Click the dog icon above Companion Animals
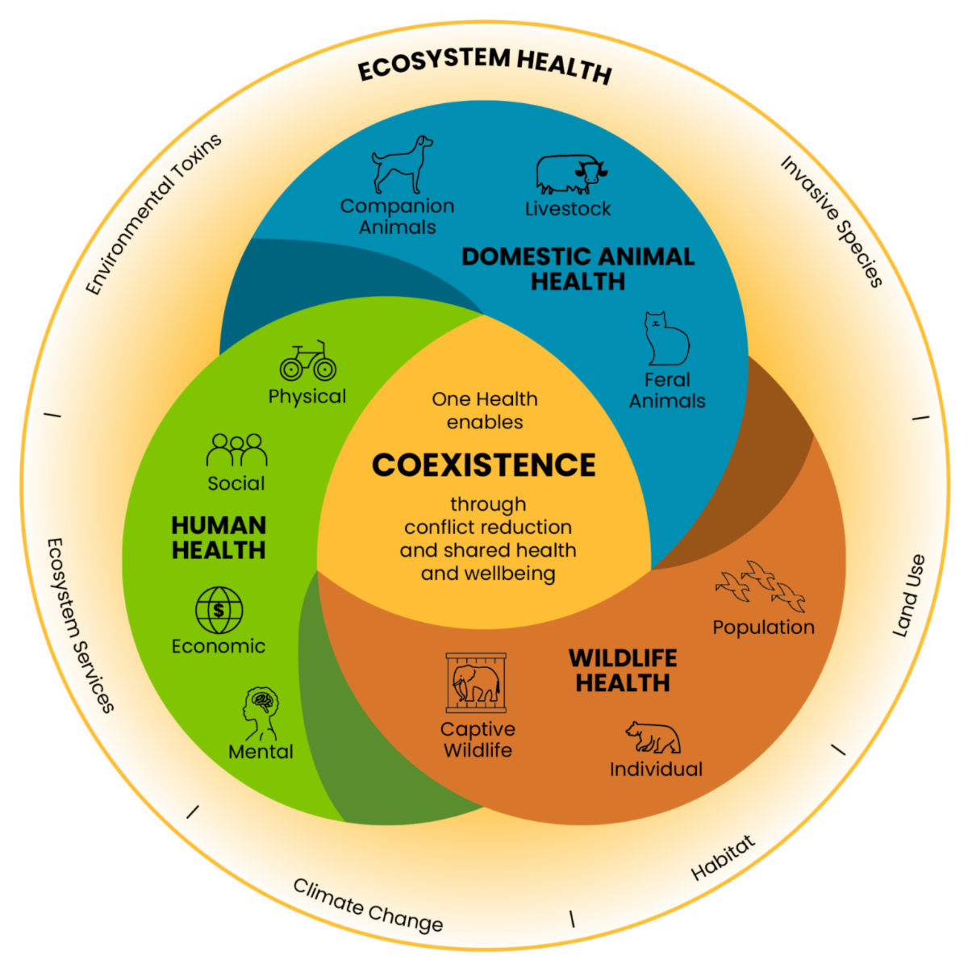click(401, 165)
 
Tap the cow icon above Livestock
click(570, 174)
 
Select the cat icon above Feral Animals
click(666, 340)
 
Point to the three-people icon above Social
click(236, 450)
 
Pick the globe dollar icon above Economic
click(219, 610)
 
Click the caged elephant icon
click(476, 682)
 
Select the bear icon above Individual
click(653, 737)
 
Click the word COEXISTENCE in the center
click(484, 465)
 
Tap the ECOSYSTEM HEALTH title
click(485, 65)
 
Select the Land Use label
click(909, 595)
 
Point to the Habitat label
click(724, 857)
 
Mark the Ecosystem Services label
click(79, 626)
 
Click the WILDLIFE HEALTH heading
click(623, 670)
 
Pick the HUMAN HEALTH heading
click(219, 537)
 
